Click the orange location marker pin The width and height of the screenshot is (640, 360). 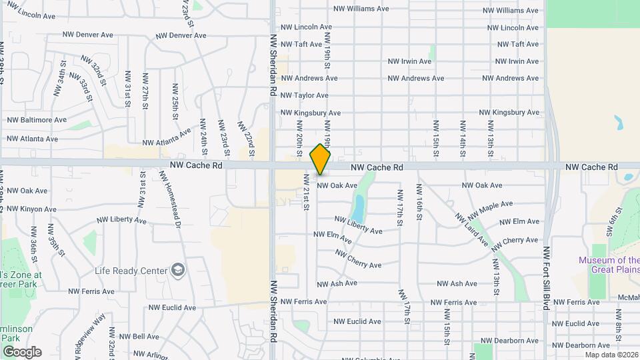[321, 159]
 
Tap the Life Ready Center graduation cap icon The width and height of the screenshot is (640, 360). [178, 269]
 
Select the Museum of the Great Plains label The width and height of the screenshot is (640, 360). [609, 265]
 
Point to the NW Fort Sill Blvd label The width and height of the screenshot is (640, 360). [546, 277]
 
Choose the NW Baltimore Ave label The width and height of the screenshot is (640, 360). [37, 120]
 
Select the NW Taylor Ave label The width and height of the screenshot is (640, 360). [305, 95]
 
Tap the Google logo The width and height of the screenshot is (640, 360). [22, 352]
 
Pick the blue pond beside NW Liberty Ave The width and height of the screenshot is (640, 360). [359, 207]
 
